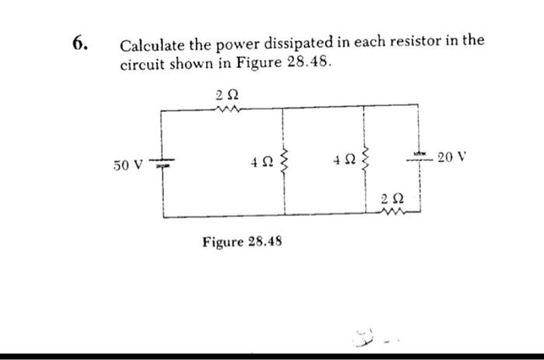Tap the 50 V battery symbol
[x=162, y=164]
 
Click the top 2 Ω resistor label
[x=225, y=95]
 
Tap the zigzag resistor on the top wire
[x=226, y=110]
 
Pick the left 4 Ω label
[x=262, y=164]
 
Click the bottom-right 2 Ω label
[x=392, y=200]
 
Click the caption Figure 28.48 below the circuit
[x=242, y=242]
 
